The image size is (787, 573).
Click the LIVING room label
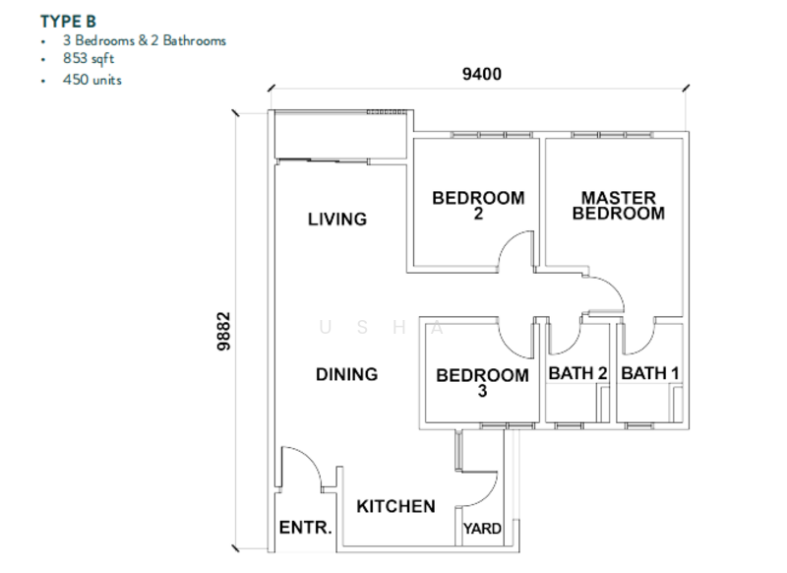pyautogui.click(x=336, y=219)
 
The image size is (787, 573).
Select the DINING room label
pyautogui.click(x=346, y=374)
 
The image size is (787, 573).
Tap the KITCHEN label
pyautogui.click(x=395, y=506)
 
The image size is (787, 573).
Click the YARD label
pyautogui.click(x=482, y=529)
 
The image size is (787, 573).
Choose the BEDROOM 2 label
pyautogui.click(x=478, y=205)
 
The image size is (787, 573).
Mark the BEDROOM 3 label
pyautogui.click(x=482, y=382)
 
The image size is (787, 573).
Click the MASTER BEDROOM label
pyautogui.click(x=618, y=205)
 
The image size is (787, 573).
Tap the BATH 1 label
pyautogui.click(x=650, y=373)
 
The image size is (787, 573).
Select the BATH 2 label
pyautogui.click(x=577, y=373)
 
